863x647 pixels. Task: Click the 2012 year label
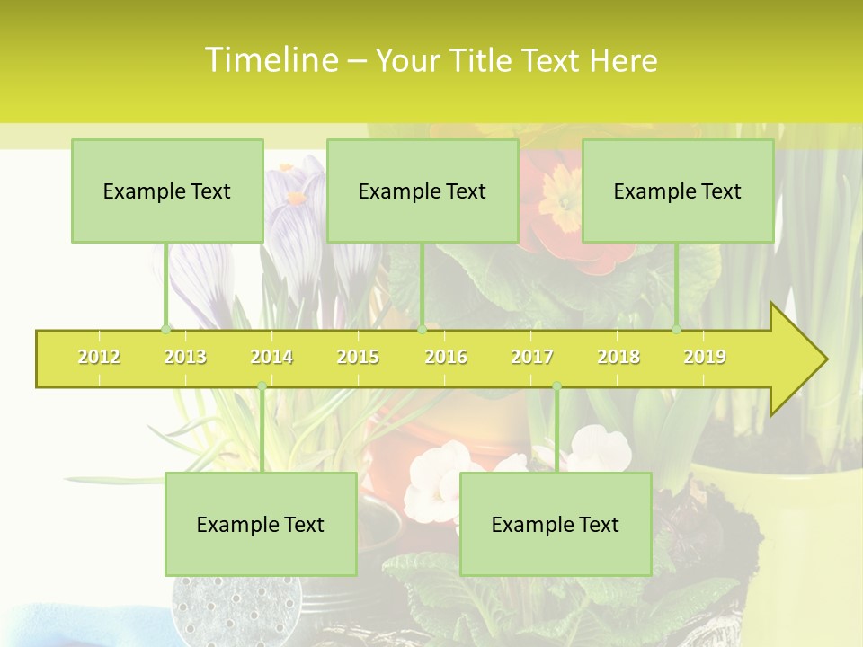pos(99,357)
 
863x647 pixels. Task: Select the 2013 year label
pos(185,357)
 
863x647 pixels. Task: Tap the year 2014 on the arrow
pos(271,357)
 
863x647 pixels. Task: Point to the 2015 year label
pos(358,357)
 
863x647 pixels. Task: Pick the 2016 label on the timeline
pos(446,357)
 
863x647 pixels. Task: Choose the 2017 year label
pos(532,357)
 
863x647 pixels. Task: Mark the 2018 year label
pos(618,357)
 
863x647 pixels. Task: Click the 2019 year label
pos(705,357)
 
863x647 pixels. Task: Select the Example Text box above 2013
pos(167,191)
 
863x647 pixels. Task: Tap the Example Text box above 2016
pos(423,191)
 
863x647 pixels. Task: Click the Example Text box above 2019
pos(678,191)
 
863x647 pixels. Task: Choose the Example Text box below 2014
pos(261,524)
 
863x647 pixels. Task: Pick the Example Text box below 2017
pos(556,524)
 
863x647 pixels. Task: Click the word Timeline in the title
pos(270,60)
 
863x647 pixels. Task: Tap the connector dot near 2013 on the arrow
pos(165,329)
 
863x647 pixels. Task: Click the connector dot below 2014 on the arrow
pos(262,386)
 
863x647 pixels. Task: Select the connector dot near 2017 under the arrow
pos(556,386)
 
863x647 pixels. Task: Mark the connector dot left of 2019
pos(677,329)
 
